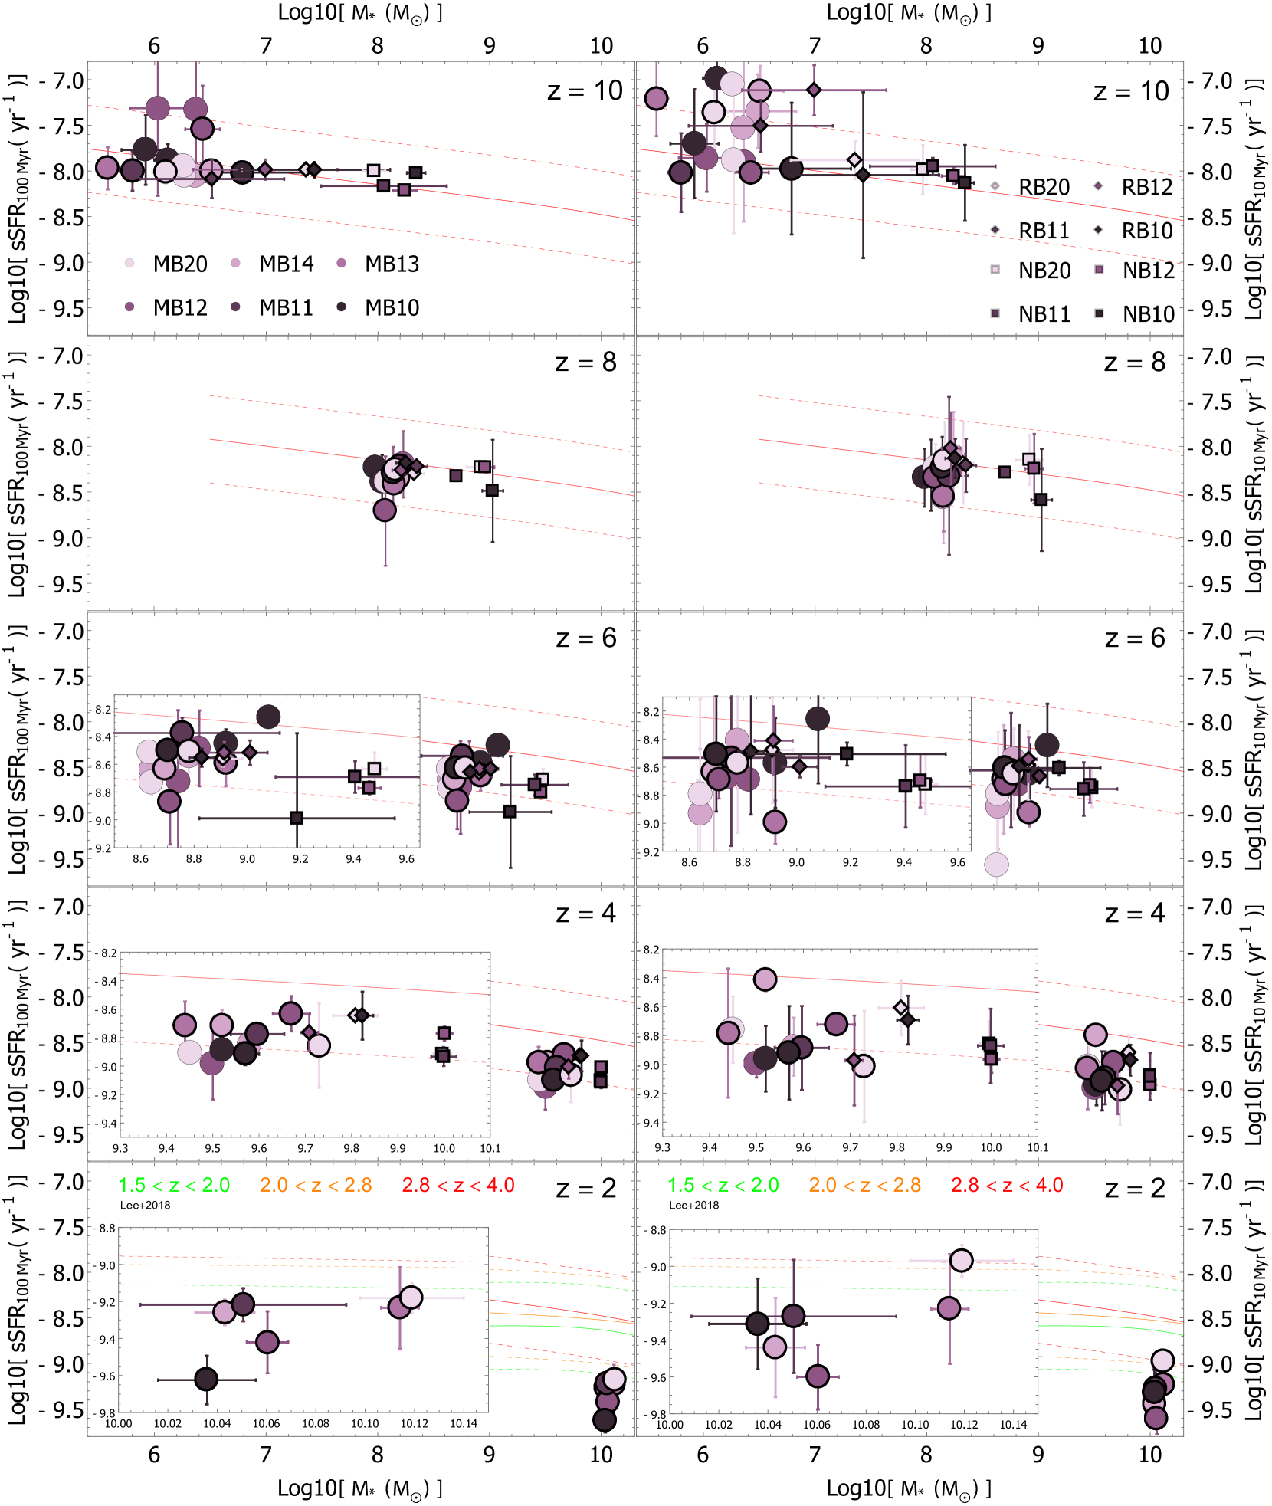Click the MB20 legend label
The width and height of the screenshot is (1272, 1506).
180,264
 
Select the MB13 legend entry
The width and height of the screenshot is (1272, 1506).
392,264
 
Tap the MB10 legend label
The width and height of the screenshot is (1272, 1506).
392,307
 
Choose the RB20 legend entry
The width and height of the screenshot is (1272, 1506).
1044,187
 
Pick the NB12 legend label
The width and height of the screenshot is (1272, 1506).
1148,271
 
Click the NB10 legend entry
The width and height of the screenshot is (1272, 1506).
1148,314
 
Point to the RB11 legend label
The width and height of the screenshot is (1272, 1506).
1044,231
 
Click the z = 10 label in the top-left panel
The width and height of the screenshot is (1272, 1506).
585,90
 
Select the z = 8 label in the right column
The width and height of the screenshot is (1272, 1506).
1135,362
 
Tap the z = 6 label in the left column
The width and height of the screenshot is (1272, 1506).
586,638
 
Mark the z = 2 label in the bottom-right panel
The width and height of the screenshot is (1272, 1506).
1135,1188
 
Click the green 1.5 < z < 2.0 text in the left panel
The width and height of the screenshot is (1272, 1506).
174,1185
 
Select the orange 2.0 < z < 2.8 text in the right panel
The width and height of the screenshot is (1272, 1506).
865,1185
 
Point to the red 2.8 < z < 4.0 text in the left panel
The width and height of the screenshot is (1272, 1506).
458,1185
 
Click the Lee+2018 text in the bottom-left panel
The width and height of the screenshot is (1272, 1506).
145,1205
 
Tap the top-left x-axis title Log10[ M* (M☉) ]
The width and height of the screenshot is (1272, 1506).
360,13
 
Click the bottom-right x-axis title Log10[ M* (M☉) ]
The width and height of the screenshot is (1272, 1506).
909,1488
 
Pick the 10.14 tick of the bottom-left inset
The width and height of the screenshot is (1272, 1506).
464,1423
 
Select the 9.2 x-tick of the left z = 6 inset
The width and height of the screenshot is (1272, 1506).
300,859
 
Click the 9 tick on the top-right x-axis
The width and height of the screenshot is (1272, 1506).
1038,45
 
